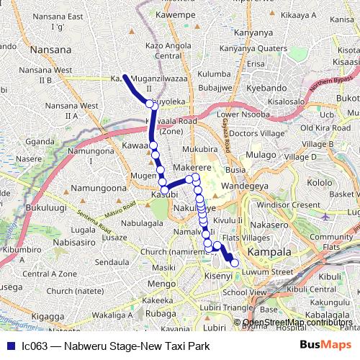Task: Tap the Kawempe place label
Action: pyautogui.click(x=176, y=14)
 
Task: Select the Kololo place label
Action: pyautogui.click(x=321, y=182)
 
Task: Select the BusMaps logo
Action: pyautogui.click(x=325, y=346)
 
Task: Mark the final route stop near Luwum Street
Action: pyautogui.click(x=234, y=263)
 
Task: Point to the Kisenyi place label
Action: pyautogui.click(x=217, y=276)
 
